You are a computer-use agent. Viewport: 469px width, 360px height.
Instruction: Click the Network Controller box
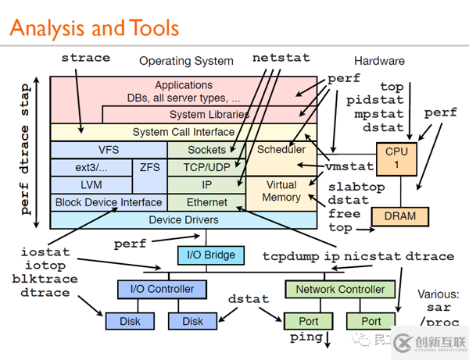pyautogui.click(x=340, y=289)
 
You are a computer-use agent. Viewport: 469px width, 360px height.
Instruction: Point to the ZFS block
pyautogui.click(x=149, y=166)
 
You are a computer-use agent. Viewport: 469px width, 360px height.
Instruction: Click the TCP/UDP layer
pyautogui.click(x=206, y=166)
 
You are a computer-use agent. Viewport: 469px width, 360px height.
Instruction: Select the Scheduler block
pyautogui.click(x=281, y=149)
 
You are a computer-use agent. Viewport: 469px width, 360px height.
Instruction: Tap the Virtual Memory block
pyautogui.click(x=281, y=191)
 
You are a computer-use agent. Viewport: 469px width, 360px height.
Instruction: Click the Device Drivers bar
pyautogui.click(x=184, y=220)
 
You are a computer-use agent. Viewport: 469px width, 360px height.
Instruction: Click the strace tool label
pyautogui.click(x=85, y=58)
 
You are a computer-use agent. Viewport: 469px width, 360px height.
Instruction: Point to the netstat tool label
pyautogui.click(x=281, y=58)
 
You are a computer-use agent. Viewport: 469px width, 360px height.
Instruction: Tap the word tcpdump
pyautogui.click(x=289, y=255)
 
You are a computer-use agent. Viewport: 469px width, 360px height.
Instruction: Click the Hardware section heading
pyautogui.click(x=379, y=61)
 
